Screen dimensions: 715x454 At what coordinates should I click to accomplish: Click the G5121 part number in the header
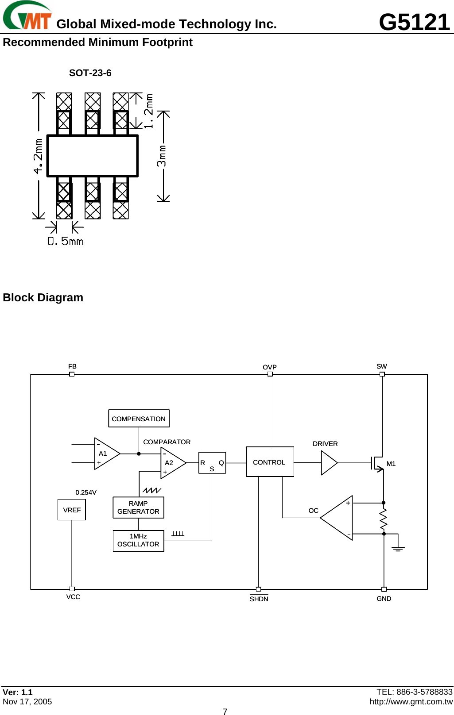tap(414, 22)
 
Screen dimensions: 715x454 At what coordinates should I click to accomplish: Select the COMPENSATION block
tap(139, 419)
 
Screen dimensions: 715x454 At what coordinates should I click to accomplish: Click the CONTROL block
tap(270, 462)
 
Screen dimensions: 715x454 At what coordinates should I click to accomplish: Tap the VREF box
tap(72, 510)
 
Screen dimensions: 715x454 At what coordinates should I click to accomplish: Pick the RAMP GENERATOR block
tap(138, 507)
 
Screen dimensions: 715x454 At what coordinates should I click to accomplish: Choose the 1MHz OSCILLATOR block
tap(138, 541)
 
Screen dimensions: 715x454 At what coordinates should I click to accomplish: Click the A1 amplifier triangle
tap(105, 454)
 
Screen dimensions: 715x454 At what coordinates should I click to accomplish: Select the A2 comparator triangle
tap(171, 463)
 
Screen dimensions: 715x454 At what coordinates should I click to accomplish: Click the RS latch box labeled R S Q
tap(212, 463)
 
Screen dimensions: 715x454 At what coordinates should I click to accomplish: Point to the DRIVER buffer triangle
tap(328, 463)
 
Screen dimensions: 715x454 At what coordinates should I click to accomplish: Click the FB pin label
tap(72, 366)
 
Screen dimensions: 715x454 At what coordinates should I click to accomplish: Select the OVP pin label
tap(269, 367)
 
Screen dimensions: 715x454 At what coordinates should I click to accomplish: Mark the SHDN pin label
tap(259, 599)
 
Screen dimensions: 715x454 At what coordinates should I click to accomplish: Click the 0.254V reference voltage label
tap(86, 492)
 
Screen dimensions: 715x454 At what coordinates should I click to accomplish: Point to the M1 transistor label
tap(391, 464)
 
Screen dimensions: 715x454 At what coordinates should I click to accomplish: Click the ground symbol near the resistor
tap(398, 549)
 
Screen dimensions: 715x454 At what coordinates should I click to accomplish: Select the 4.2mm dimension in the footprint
tap(39, 156)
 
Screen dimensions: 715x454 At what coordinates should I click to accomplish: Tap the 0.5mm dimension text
tap(66, 241)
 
